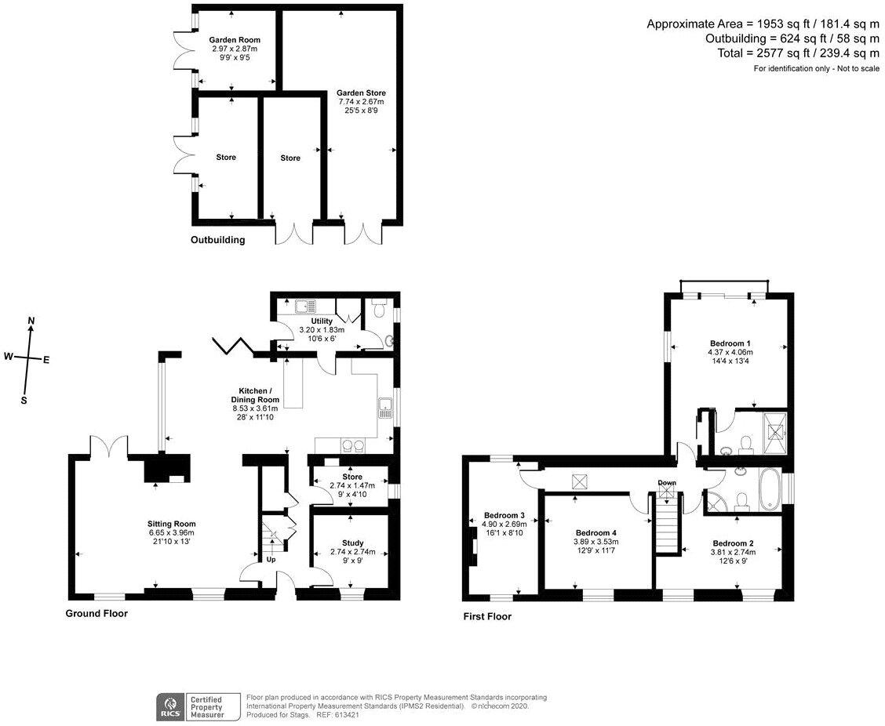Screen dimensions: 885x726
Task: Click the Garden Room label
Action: click(235, 40)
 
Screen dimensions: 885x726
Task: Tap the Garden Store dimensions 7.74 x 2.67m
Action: click(361, 102)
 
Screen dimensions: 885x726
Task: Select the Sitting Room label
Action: click(172, 524)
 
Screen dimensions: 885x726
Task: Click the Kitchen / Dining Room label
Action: click(256, 395)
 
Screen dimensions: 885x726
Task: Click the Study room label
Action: click(353, 543)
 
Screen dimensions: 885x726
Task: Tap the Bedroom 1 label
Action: click(730, 343)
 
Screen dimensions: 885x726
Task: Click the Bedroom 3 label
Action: click(504, 515)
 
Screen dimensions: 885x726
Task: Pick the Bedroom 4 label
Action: click(596, 532)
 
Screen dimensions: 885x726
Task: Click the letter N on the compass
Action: click(31, 321)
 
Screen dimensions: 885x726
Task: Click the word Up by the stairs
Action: click(271, 560)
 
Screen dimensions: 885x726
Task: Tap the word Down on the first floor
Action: click(667, 483)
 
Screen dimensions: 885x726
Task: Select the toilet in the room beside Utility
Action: click(379, 309)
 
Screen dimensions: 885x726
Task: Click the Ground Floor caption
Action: click(97, 614)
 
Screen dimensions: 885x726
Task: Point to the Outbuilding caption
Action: click(218, 240)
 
